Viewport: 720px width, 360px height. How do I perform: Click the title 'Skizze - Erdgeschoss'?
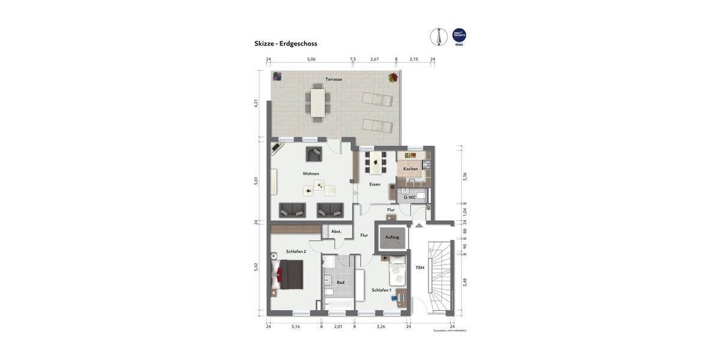click(x=286, y=43)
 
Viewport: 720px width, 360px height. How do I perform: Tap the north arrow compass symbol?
click(x=439, y=37)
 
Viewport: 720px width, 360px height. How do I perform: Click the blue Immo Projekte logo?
click(x=459, y=36)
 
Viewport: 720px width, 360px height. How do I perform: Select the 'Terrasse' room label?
click(x=334, y=79)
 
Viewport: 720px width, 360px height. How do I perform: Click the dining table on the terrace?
click(x=317, y=103)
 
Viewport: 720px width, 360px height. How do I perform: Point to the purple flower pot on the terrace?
click(x=277, y=76)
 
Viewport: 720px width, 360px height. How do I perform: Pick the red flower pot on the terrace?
click(x=393, y=77)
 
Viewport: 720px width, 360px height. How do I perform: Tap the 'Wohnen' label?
click(x=311, y=173)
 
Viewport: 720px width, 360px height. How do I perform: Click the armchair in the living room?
click(x=314, y=154)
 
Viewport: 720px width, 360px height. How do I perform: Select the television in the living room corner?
click(x=277, y=147)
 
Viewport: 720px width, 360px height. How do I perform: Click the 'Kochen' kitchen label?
click(x=410, y=169)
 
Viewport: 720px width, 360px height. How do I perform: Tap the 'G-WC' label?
click(x=410, y=197)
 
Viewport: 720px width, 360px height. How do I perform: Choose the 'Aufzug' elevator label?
click(x=392, y=237)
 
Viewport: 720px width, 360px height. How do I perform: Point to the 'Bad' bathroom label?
click(x=340, y=282)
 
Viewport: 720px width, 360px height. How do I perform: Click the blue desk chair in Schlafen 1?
click(x=394, y=298)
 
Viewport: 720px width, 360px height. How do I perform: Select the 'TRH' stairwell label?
click(x=420, y=268)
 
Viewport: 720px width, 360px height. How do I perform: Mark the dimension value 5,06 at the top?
click(x=311, y=59)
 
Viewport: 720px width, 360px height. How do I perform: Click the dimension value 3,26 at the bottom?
click(x=381, y=326)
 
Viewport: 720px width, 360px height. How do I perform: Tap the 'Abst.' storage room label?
click(x=336, y=231)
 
